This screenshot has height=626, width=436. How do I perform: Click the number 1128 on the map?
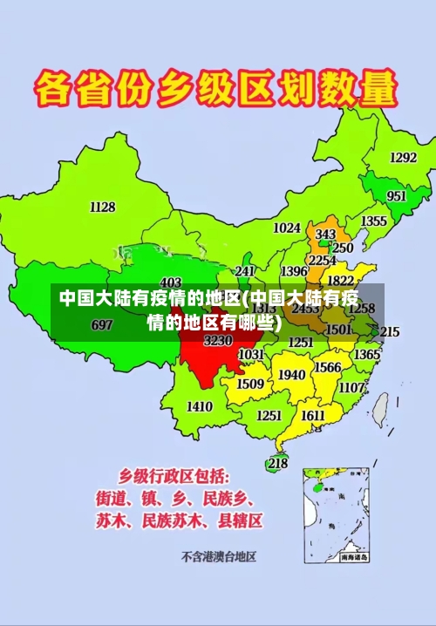(102, 207)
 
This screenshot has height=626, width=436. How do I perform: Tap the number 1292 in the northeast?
(403, 158)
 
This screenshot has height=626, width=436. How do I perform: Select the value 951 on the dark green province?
(396, 196)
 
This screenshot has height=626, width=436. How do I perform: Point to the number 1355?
(374, 221)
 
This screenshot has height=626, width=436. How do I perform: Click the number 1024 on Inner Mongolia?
(286, 228)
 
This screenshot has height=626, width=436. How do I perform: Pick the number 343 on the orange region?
(325, 235)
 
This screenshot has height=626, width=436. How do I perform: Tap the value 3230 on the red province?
(218, 341)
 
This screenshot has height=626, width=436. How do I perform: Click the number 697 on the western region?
(102, 325)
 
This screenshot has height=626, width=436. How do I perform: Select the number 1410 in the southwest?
(200, 406)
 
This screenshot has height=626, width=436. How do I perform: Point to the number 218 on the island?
(277, 463)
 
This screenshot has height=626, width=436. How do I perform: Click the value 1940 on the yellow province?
(291, 375)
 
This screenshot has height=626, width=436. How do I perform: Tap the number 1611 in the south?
(313, 416)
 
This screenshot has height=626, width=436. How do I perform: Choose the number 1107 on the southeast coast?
(351, 387)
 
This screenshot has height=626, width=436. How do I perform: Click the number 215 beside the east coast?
(389, 332)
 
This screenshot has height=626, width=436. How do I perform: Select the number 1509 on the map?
(250, 384)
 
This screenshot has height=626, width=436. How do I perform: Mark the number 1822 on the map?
(340, 281)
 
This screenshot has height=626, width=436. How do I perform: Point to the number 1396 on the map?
(293, 272)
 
